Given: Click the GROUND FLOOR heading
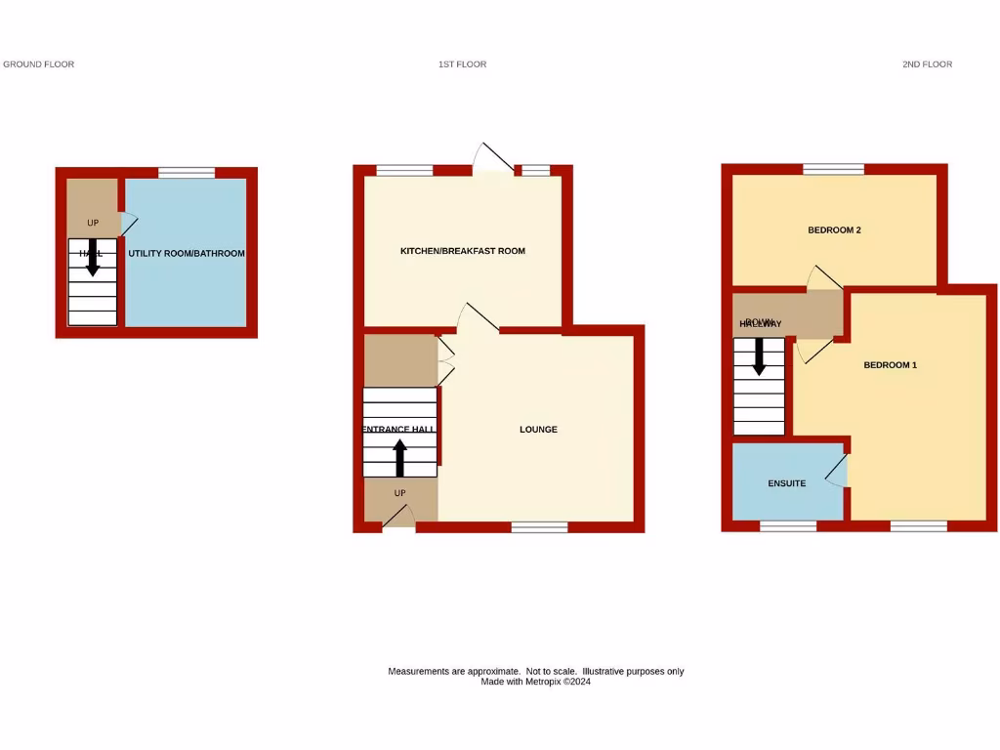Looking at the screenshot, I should click(39, 64).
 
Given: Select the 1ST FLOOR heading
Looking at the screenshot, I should click(463, 64).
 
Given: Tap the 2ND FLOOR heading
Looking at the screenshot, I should click(927, 64).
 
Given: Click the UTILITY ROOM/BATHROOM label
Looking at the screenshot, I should click(187, 254).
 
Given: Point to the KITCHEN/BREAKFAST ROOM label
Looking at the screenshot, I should click(463, 251).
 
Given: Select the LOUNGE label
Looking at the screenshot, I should click(538, 430).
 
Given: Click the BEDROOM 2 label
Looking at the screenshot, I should click(834, 230).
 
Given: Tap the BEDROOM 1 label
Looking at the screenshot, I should click(891, 365).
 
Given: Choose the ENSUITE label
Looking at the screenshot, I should click(786, 483).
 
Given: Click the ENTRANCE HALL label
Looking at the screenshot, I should click(398, 430).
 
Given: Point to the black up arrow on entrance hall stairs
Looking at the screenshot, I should click(399, 457).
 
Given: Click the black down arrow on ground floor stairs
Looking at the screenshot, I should click(93, 257).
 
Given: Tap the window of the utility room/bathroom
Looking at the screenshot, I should click(187, 173).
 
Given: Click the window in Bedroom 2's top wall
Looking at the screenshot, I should click(833, 170).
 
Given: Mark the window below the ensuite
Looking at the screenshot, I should click(788, 526).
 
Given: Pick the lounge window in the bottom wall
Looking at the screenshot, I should click(539, 527).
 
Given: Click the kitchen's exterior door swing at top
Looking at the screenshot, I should click(493, 156).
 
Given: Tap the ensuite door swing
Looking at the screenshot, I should click(836, 470).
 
